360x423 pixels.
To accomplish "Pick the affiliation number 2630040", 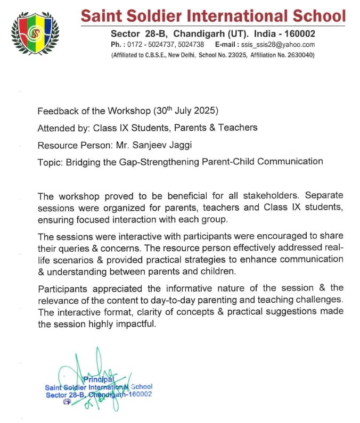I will pyautogui.click(x=299, y=55).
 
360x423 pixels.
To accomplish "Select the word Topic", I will pyautogui.click(x=49, y=161).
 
